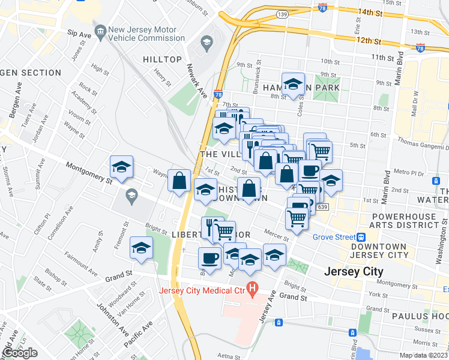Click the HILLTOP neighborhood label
point(162,59)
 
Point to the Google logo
point(20,353)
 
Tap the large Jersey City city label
point(353,271)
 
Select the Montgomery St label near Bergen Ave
point(89,173)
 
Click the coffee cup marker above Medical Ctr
point(209,257)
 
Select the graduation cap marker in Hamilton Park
point(293,83)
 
